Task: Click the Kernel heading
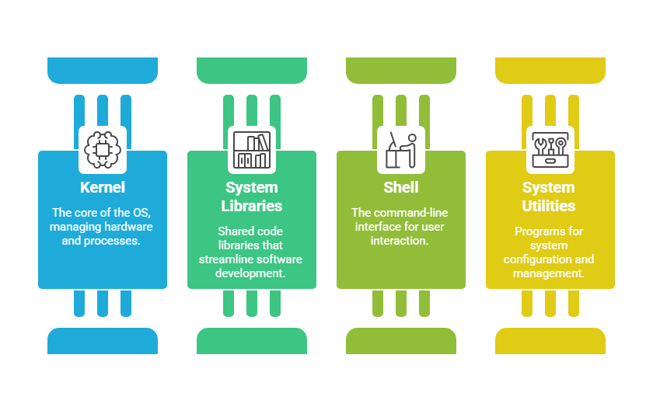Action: click(103, 187)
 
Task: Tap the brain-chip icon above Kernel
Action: click(103, 149)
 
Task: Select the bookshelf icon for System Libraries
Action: click(252, 149)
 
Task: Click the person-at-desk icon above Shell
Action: click(401, 149)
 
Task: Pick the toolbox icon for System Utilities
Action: click(550, 149)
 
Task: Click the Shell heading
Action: click(401, 187)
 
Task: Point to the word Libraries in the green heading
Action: click(252, 206)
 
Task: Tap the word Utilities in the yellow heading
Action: click(550, 206)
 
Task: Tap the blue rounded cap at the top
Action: click(103, 70)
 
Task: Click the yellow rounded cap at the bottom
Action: click(550, 341)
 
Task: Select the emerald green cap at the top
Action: click(252, 70)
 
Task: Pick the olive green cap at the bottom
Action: click(401, 341)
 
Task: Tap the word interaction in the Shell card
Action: click(401, 240)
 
